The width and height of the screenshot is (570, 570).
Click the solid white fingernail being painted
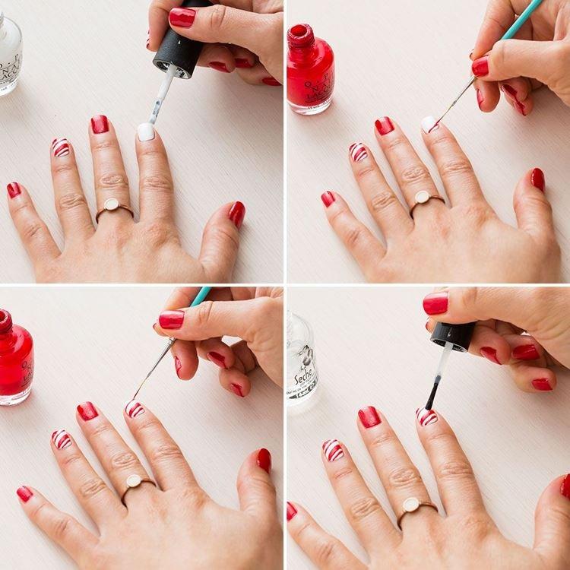point(145,131)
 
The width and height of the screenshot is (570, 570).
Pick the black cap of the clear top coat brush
point(453,334)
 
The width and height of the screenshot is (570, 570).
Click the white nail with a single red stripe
point(429,124)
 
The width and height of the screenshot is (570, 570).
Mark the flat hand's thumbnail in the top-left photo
point(237,214)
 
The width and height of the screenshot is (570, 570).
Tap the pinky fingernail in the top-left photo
point(14,189)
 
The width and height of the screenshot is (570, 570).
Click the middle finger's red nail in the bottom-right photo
point(369,416)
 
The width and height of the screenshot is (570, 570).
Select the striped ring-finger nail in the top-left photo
point(61,147)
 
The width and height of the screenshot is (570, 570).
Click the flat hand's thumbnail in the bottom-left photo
point(264,459)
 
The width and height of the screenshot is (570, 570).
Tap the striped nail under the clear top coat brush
point(427,416)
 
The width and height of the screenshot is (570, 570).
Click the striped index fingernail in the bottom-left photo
point(135,409)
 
